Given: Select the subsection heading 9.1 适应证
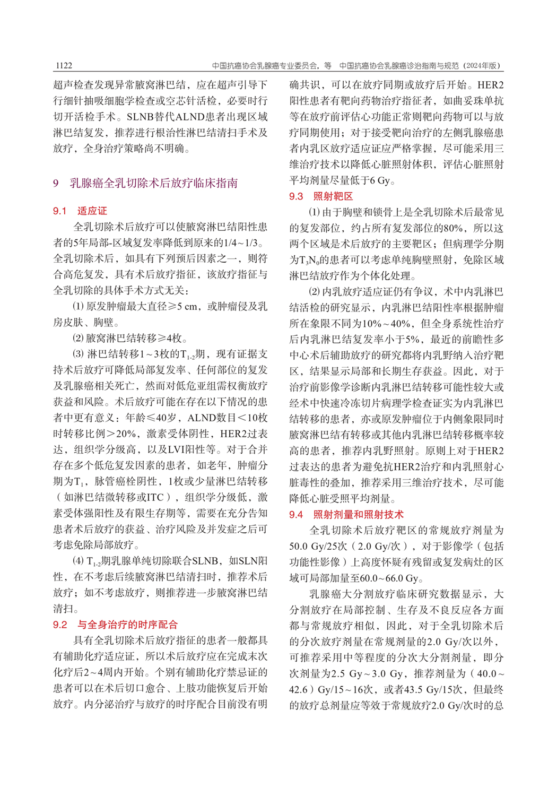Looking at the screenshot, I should (x=80, y=211).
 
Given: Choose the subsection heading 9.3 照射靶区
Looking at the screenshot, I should (x=321, y=196).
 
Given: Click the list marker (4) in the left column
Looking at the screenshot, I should (x=78, y=561).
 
